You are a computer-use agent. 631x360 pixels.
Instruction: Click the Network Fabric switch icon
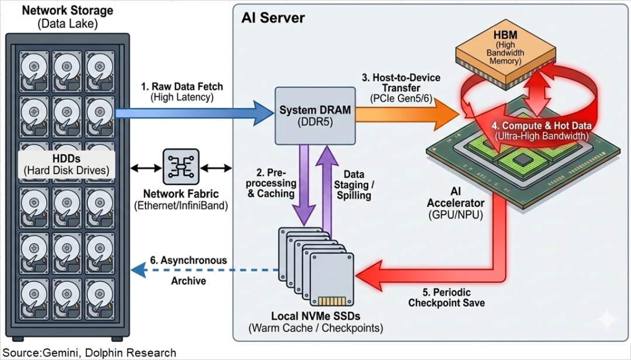click(181, 168)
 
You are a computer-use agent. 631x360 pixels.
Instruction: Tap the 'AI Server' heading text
click(273, 18)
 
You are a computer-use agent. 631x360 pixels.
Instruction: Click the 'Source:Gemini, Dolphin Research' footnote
click(88, 352)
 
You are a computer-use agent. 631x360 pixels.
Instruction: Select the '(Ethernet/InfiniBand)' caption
click(181, 205)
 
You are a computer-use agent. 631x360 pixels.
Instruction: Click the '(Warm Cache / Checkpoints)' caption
click(316, 328)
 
